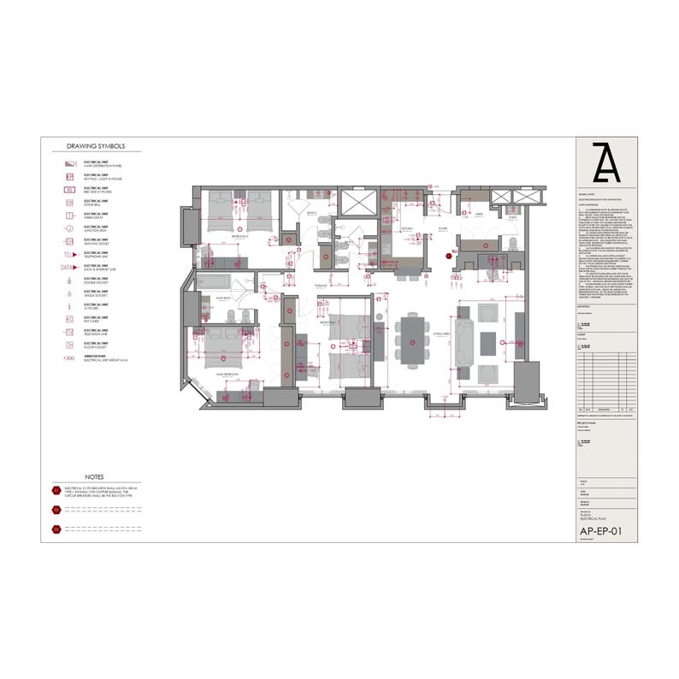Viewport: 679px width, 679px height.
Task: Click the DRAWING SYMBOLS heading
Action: pyautogui.click(x=95, y=146)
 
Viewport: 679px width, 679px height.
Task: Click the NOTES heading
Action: pyautogui.click(x=95, y=476)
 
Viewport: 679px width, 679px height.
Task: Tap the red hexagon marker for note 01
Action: pyautogui.click(x=56, y=491)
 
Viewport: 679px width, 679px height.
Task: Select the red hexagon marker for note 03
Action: pyautogui.click(x=56, y=529)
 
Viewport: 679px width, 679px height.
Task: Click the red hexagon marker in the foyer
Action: pyautogui.click(x=448, y=254)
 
